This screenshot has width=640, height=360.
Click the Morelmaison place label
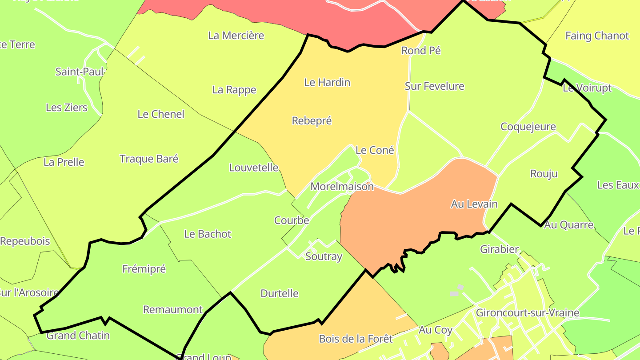coord(342,187)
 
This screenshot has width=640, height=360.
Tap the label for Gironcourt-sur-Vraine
coord(528,313)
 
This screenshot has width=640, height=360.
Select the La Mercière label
coord(236,36)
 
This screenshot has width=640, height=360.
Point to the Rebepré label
coord(312,121)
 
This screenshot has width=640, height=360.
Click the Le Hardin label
coord(327,82)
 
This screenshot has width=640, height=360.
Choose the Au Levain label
coord(474,204)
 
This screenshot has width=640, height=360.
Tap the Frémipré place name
coord(144,269)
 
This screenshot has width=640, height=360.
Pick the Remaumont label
coord(173,310)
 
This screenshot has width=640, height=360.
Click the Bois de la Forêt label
coord(356,339)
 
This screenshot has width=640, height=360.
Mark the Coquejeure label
coord(528,127)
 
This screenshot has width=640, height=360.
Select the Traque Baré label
coord(149,159)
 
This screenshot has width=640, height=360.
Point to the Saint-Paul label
coord(80,72)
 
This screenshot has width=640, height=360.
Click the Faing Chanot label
coord(597,36)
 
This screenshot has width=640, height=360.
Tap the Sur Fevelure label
coord(434,86)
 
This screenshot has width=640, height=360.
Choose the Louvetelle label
coord(254,168)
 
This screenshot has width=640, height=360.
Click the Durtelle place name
coord(280,294)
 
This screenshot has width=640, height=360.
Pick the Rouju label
coord(544,174)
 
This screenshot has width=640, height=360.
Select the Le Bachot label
coord(208,234)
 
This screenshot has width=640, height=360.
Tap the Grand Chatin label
coord(78,336)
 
